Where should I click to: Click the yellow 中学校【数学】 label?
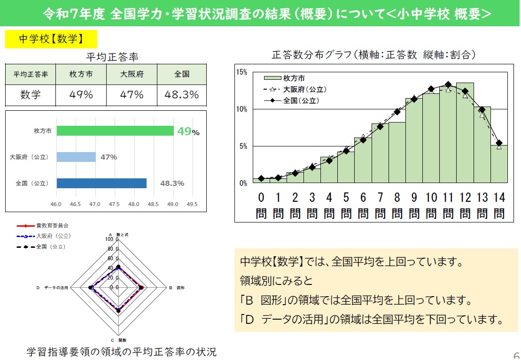pyautogui.click(x=51, y=39)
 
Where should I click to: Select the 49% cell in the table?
pyautogui.click(x=81, y=95)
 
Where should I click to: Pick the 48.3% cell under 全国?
pyautogui.click(x=181, y=95)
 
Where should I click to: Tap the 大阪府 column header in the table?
pyautogui.click(x=132, y=74)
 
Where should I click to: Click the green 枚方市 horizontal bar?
pyautogui.click(x=115, y=131)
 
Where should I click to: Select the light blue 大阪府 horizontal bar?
pyautogui.click(x=76, y=157)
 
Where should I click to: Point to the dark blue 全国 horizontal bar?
pyautogui.click(x=101, y=183)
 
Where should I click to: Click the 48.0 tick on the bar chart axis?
pyautogui.click(x=134, y=205)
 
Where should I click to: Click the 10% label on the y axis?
pyautogui.click(x=241, y=109)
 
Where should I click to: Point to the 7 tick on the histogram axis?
pyautogui.click(x=380, y=197)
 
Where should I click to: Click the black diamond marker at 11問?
pyautogui.click(x=448, y=85)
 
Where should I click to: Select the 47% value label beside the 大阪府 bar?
pyautogui.click(x=109, y=157)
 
